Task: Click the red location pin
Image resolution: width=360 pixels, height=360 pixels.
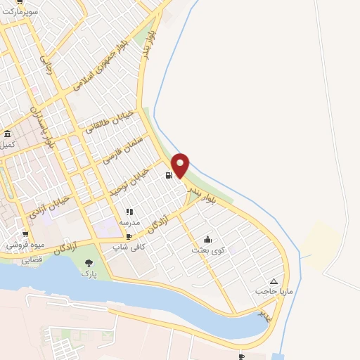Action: click(180, 164)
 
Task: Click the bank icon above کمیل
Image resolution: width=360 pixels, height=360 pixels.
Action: click(7, 134)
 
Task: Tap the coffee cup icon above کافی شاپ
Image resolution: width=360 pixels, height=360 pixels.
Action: click(129, 237)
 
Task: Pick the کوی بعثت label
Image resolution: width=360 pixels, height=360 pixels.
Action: click(207, 250)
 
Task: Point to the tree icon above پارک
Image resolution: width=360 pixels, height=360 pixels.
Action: click(88, 262)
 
